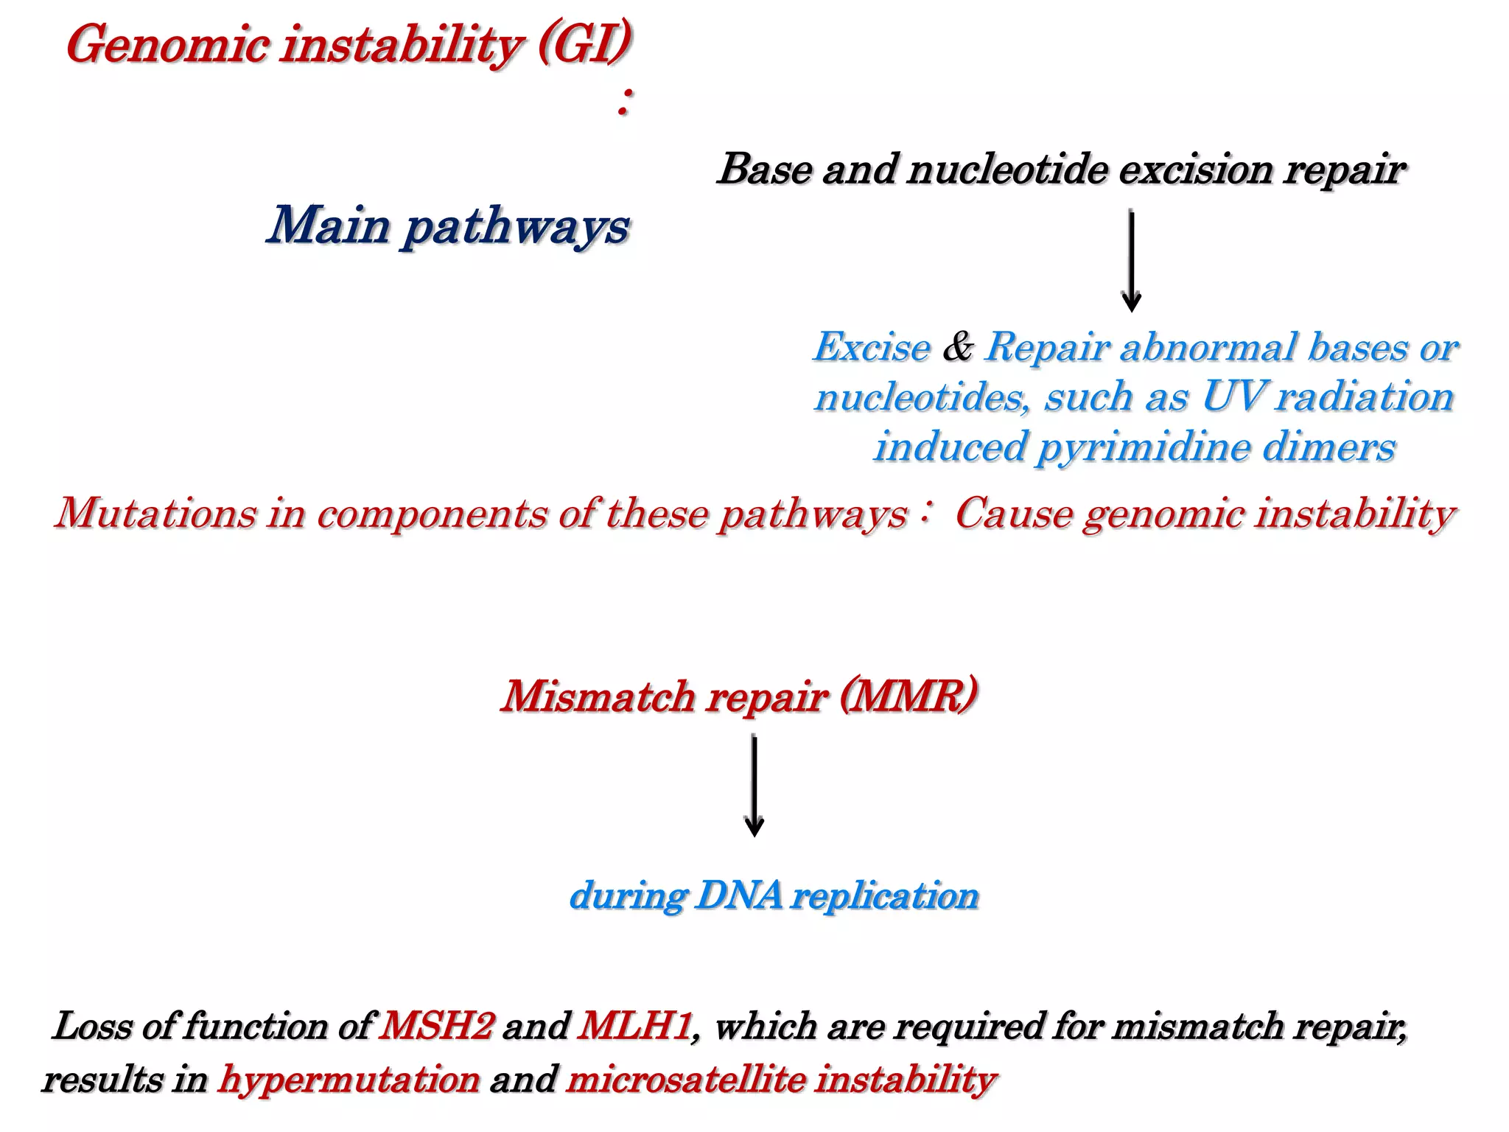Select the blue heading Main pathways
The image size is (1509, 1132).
point(448,226)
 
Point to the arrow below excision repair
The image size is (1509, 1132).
point(1131,261)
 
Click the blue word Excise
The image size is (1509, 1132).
point(872,348)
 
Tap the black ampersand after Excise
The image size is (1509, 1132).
point(957,347)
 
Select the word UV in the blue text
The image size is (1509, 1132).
point(1233,397)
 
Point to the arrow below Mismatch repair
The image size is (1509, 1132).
point(754,786)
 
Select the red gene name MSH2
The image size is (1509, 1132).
point(436,1026)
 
